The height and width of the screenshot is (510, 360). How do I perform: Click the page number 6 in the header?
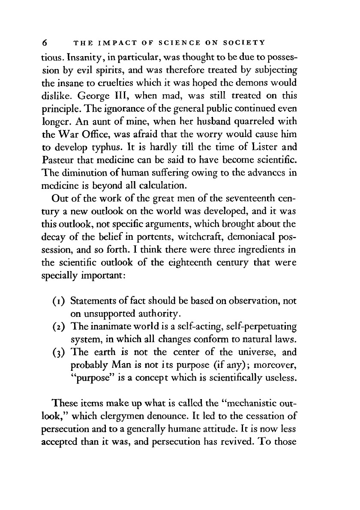coord(44,43)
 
